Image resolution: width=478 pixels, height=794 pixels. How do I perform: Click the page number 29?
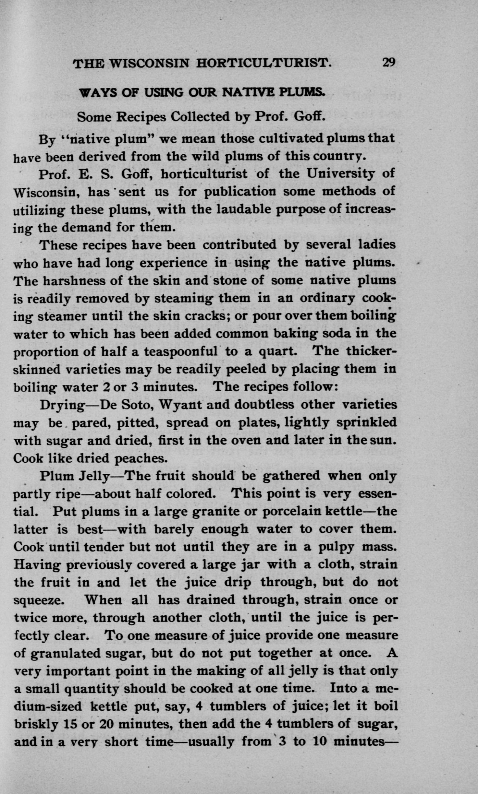(388, 62)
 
